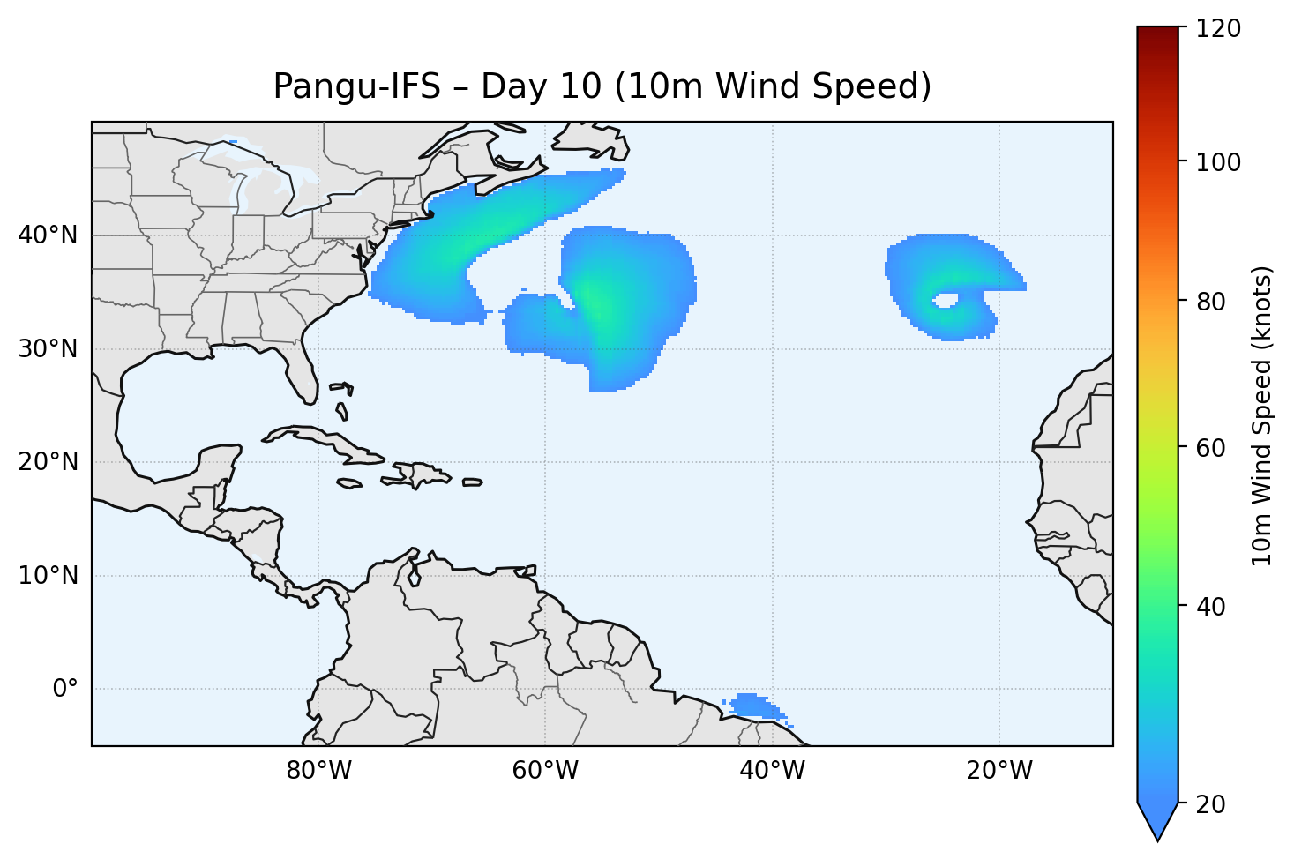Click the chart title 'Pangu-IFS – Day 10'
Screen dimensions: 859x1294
point(602,86)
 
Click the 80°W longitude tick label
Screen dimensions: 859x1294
point(318,771)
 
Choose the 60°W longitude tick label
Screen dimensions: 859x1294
point(545,771)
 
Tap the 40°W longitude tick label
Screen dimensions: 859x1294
point(772,771)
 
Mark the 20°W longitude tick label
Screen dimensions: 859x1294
point(999,771)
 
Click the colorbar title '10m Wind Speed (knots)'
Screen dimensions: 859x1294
point(1262,416)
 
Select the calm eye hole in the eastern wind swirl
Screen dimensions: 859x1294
point(946,301)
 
